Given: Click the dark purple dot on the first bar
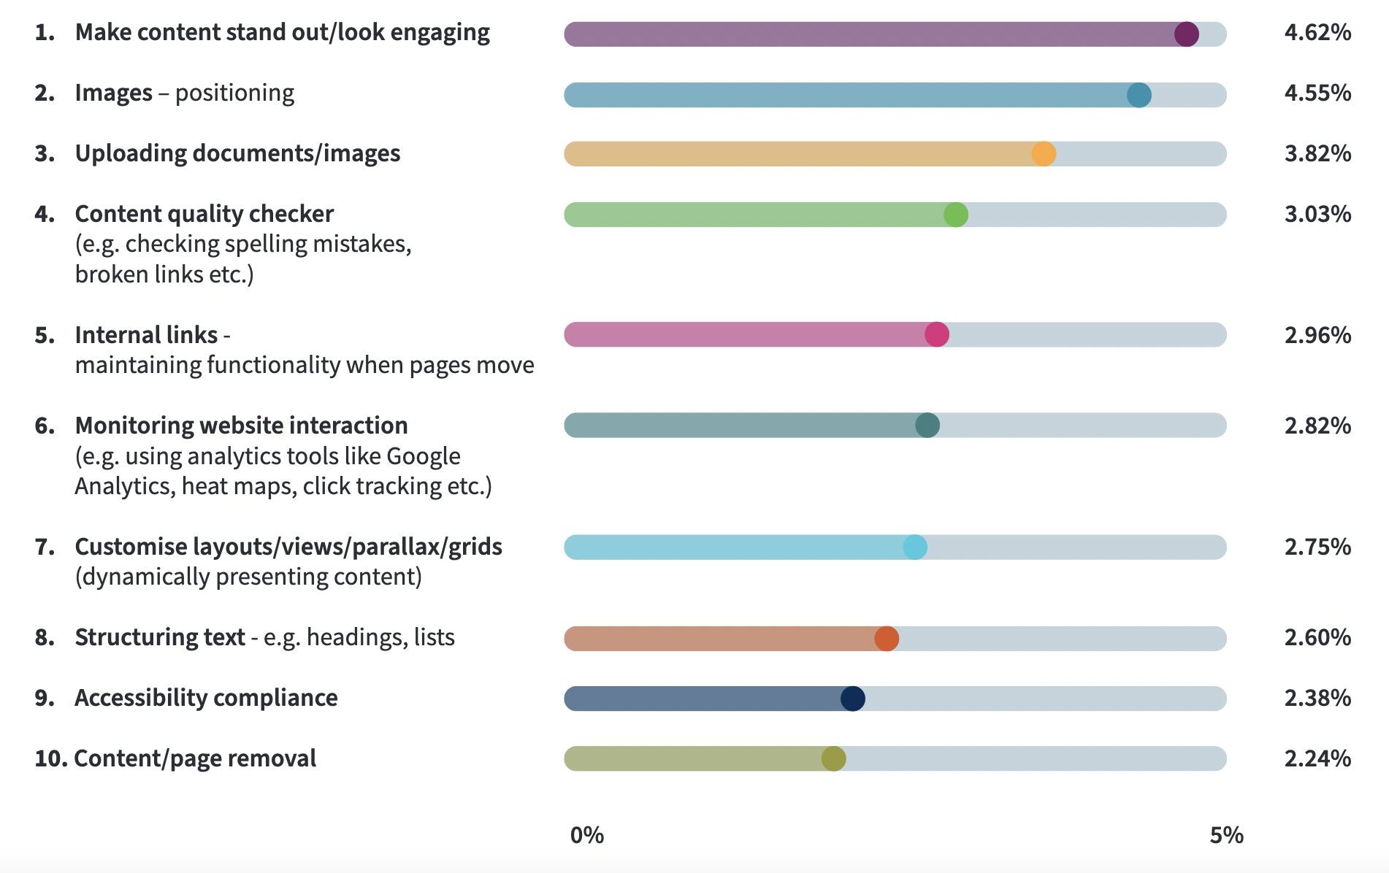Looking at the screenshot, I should tap(1186, 34).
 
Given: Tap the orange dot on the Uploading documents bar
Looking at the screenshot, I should tap(1044, 154).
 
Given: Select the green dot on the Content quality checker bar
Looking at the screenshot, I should tap(956, 215).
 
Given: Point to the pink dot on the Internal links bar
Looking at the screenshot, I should tap(937, 334).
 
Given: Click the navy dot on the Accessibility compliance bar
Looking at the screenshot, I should tap(853, 699).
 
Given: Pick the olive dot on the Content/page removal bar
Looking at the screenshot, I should tap(833, 759).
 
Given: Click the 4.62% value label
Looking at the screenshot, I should tap(1317, 33).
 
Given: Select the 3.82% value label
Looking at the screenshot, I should tap(1317, 154).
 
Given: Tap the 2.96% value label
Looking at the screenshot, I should tap(1317, 335).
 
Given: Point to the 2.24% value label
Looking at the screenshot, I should tap(1317, 759).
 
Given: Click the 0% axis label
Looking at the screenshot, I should tap(587, 835).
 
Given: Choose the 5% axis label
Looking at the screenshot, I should tap(1226, 835).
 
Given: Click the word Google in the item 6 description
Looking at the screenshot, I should tap(424, 456).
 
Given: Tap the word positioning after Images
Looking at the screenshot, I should tap(234, 93).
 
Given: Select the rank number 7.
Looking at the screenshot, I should tap(45, 547).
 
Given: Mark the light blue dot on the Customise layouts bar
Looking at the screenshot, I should tap(915, 547).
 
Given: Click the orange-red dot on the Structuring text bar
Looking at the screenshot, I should tap(887, 639).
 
